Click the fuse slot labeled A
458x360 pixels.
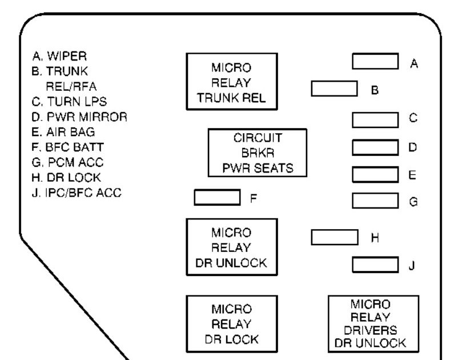pos(375,62)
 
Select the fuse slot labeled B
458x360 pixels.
pos(334,89)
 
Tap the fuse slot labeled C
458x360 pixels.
pos(375,119)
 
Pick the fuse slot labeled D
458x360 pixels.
pos(375,147)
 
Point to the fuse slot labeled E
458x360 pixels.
pos(375,174)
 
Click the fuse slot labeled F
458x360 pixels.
pos(217,197)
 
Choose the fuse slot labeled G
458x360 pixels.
pos(375,201)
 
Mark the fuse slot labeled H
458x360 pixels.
pos(334,237)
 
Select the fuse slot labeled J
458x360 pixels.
pos(375,265)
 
